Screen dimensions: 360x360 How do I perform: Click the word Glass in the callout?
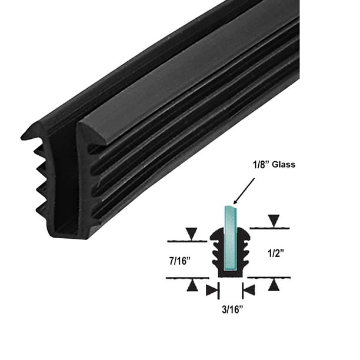tap(282, 165)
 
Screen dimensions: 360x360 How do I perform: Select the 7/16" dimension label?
tap(182, 259)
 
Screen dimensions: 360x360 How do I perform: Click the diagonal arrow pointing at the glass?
tap(245, 189)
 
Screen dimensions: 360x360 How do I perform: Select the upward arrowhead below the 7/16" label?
tap(192, 285)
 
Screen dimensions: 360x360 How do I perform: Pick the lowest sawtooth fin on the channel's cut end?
tap(38, 208)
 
